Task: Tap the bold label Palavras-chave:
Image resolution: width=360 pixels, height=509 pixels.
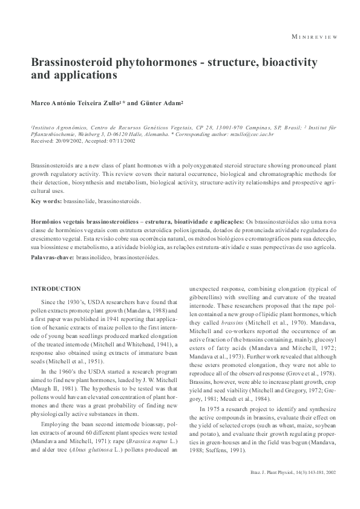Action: click(x=53, y=257)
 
